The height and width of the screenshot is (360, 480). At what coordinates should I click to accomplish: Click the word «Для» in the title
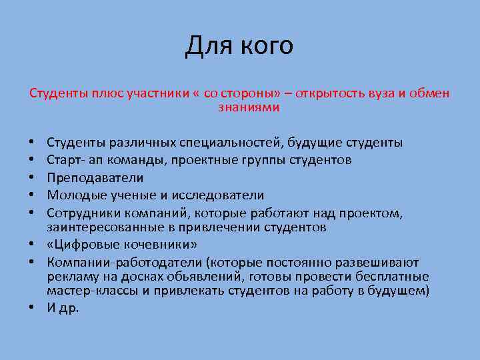tap(207, 46)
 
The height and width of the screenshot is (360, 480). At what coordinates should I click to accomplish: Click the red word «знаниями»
tap(249, 107)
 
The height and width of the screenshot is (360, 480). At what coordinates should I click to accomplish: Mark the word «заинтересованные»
tap(96, 227)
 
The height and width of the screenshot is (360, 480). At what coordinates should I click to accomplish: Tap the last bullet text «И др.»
tap(63, 309)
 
